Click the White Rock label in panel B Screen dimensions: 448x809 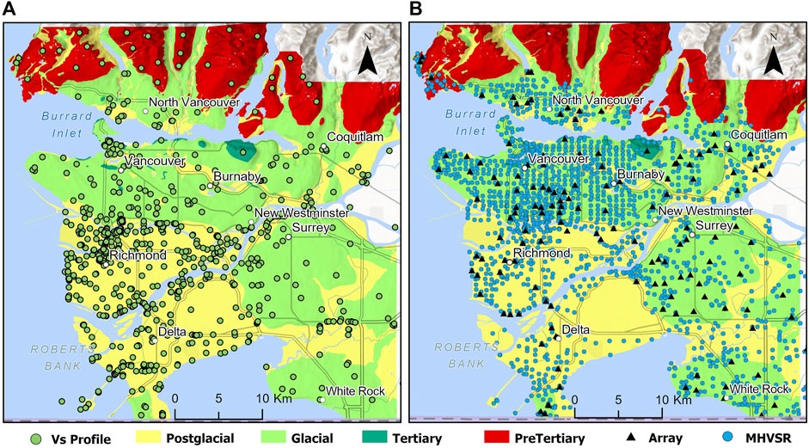pos(757,389)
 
